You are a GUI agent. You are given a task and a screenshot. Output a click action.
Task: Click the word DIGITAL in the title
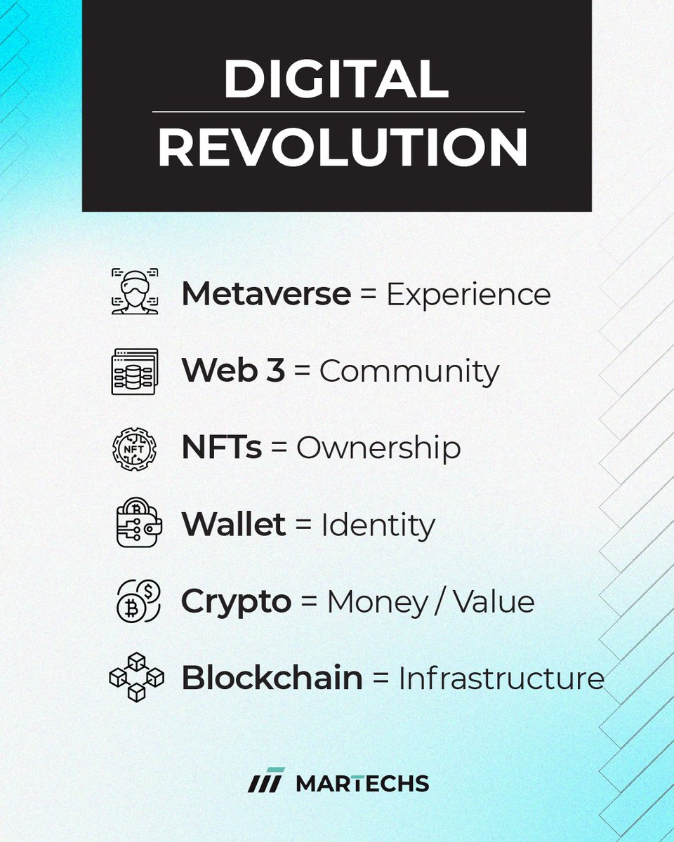336,79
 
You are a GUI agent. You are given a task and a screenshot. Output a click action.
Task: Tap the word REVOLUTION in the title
343,147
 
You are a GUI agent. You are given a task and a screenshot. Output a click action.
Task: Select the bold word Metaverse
266,293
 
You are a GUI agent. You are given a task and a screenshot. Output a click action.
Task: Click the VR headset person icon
135,291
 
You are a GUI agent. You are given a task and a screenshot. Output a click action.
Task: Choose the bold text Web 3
233,370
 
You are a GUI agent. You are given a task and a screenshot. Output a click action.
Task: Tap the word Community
409,372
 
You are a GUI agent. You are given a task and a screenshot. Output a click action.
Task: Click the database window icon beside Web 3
135,371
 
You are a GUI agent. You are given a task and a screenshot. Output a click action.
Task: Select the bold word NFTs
222,447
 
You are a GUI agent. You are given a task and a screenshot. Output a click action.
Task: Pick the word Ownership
378,449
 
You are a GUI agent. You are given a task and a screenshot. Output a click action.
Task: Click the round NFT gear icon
134,449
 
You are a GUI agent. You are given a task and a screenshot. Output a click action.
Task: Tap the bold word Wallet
233,524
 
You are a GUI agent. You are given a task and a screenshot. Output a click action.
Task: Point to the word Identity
378,526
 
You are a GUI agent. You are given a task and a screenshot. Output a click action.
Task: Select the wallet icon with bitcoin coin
139,522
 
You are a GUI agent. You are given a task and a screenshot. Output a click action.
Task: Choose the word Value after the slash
494,601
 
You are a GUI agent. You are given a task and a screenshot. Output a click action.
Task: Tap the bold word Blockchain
272,678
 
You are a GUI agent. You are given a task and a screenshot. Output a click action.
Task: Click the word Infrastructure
501,678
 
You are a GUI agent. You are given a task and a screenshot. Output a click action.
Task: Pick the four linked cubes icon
137,677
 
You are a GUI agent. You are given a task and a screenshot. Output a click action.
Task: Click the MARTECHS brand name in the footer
362,784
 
